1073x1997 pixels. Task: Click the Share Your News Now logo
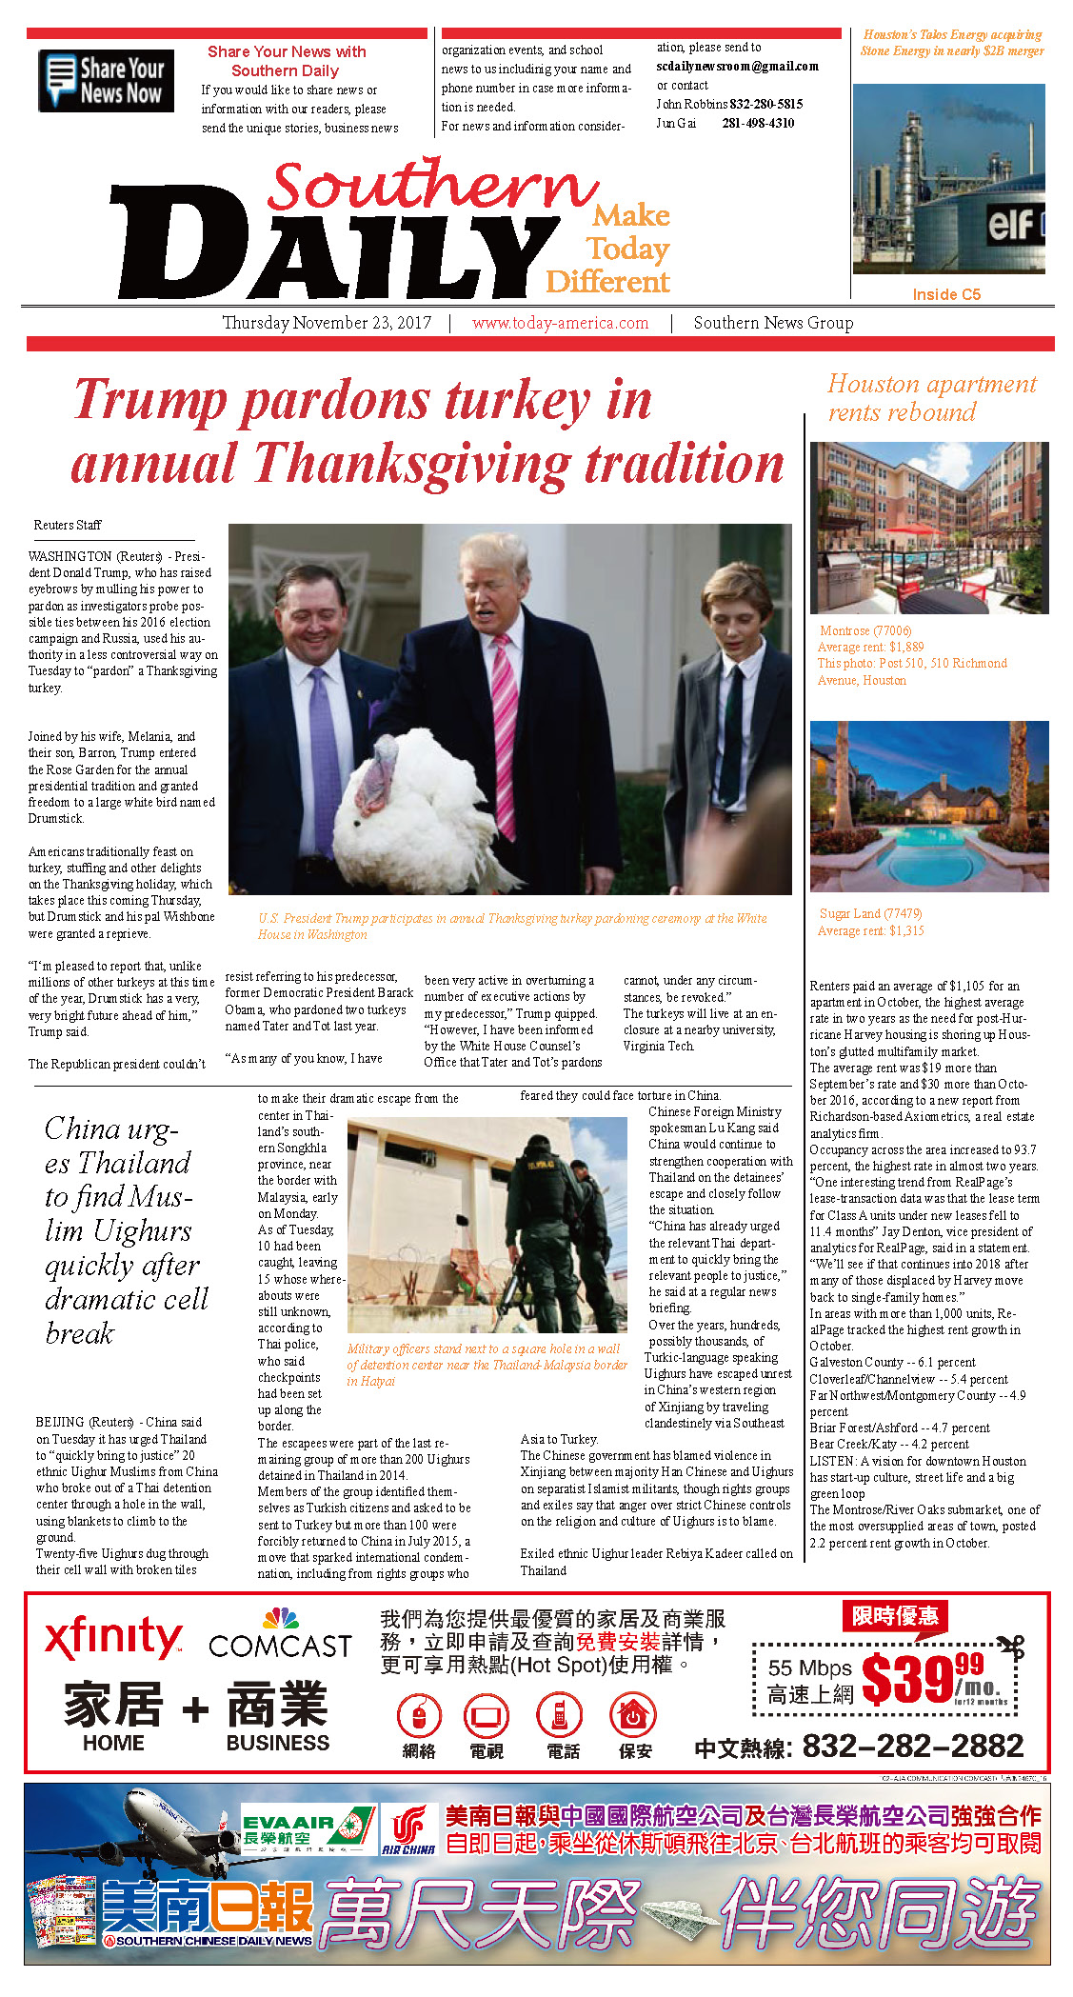point(106,81)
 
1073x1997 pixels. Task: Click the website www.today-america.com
point(560,323)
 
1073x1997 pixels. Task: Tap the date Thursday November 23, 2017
point(327,323)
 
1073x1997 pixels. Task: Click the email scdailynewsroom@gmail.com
point(737,67)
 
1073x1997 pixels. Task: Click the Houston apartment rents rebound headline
point(930,398)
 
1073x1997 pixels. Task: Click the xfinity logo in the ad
point(113,1639)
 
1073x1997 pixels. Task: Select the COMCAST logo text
point(280,1647)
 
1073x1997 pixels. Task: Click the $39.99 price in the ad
point(921,1679)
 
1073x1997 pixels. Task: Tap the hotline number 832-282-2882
point(912,1746)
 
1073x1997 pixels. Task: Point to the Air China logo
point(408,1832)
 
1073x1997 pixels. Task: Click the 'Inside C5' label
point(945,294)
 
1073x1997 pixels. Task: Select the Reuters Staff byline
point(67,525)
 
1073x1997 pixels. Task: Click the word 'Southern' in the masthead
point(433,186)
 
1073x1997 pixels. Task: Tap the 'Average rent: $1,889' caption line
point(870,647)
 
